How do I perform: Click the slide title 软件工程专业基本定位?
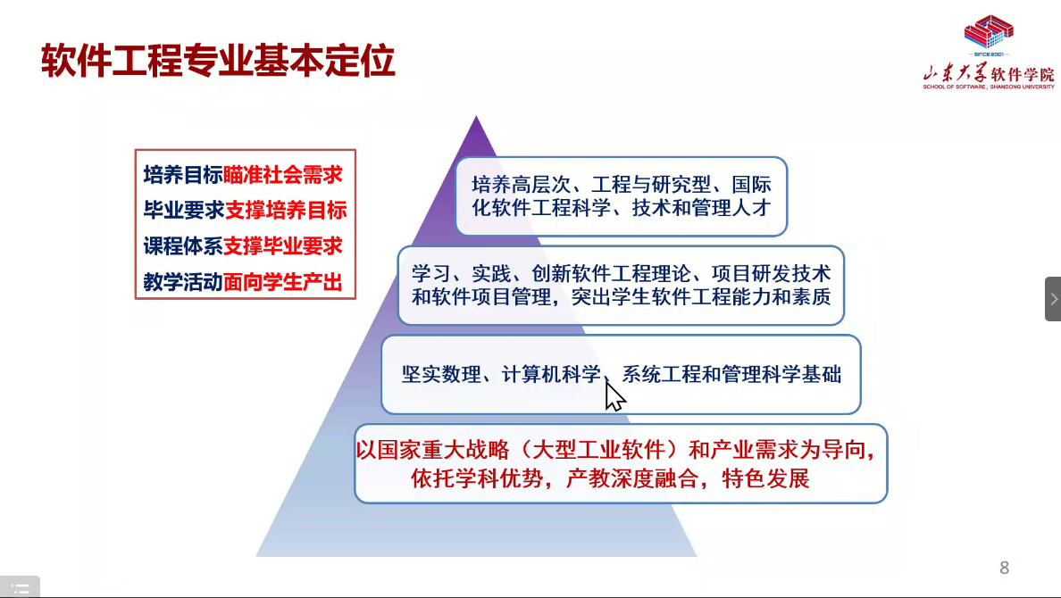click(x=218, y=61)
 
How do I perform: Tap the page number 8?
click(x=1004, y=568)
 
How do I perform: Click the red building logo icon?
click(x=989, y=32)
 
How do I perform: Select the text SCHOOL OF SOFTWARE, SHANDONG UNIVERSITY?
click(x=989, y=87)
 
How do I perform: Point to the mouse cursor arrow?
click(x=614, y=396)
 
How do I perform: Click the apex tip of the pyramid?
click(x=476, y=116)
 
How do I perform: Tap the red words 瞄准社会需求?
click(x=283, y=175)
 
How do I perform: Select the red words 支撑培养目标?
click(x=286, y=211)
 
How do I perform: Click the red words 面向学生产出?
click(x=283, y=282)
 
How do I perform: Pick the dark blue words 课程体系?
click(x=183, y=246)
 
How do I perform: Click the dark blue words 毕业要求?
click(x=183, y=211)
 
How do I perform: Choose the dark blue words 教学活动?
click(x=183, y=282)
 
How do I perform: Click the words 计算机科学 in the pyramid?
click(x=551, y=374)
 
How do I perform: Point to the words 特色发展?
click(x=765, y=479)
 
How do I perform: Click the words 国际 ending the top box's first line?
click(x=751, y=185)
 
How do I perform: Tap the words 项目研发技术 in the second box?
click(x=772, y=273)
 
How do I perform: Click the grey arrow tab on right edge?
click(x=1053, y=299)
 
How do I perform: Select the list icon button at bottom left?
click(x=21, y=587)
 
